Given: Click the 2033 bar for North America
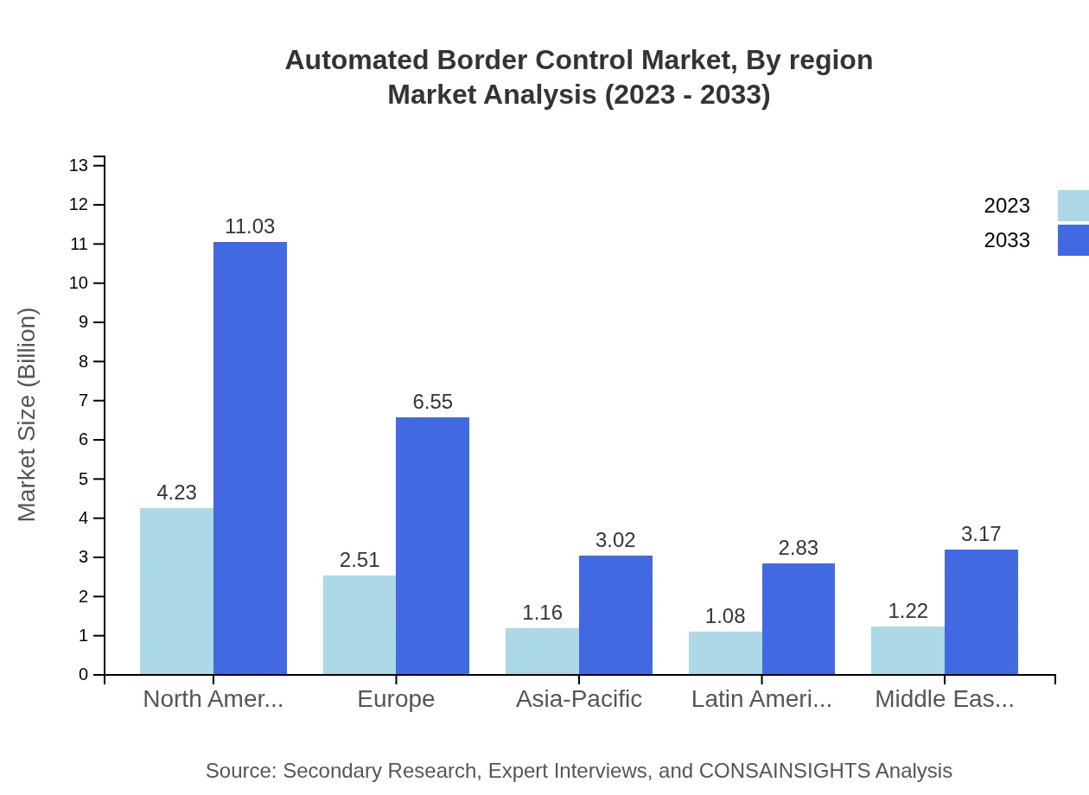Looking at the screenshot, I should (250, 458).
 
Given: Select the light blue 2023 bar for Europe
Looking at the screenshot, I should (360, 625).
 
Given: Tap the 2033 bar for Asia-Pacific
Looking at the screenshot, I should (615, 614).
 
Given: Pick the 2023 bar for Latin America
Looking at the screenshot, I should (725, 652).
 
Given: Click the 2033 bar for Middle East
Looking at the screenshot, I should (981, 612).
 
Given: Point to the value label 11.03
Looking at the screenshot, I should (250, 226).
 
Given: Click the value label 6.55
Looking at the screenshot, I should (432, 402).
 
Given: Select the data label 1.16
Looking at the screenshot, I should (542, 613).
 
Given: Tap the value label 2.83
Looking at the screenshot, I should (798, 548).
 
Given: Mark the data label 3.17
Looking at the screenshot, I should (981, 534).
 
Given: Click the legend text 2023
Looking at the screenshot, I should (1007, 206).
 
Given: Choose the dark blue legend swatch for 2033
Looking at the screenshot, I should (1073, 240).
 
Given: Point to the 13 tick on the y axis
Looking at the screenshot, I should (79, 165).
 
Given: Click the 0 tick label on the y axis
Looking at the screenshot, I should (84, 675).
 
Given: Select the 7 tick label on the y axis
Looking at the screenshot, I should (84, 401).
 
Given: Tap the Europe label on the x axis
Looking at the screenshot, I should (396, 699).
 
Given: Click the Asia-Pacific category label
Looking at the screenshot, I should (579, 699).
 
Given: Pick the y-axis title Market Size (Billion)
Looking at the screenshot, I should (28, 415).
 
